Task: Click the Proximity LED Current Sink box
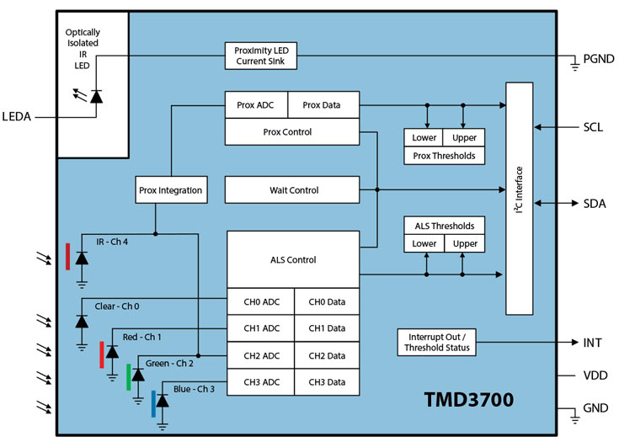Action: (x=260, y=56)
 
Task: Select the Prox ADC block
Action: (x=256, y=104)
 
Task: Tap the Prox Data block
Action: (x=323, y=104)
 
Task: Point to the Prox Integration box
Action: (x=170, y=190)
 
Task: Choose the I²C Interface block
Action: (x=520, y=199)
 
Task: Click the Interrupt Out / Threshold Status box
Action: (x=435, y=343)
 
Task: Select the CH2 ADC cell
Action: (x=259, y=355)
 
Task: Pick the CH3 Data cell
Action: (x=326, y=382)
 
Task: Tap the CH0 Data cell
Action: (x=326, y=301)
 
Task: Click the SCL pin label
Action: (x=593, y=128)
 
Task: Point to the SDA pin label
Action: (x=594, y=204)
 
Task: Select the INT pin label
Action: (x=592, y=343)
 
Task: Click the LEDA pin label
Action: (x=18, y=117)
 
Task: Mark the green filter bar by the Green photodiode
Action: (x=128, y=377)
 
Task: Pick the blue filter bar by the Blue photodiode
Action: (x=154, y=403)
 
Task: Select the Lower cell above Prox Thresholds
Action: (x=424, y=138)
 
